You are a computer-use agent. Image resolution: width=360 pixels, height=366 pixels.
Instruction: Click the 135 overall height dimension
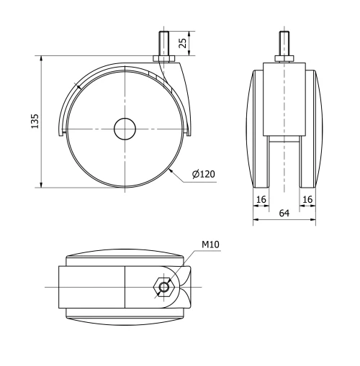(x=34, y=122)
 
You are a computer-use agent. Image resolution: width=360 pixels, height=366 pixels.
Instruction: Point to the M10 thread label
(x=210, y=245)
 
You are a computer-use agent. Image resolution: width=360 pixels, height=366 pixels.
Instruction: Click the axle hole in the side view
(x=124, y=129)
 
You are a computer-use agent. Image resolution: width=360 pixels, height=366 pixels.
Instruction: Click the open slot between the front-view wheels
(x=284, y=162)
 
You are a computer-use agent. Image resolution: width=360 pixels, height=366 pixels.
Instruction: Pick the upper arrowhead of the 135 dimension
(x=42, y=59)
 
